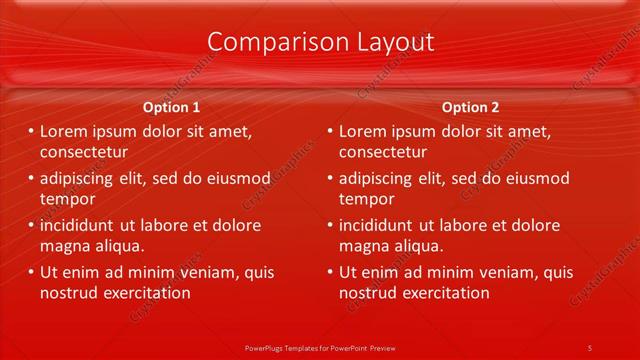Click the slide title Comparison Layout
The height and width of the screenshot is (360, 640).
click(320, 42)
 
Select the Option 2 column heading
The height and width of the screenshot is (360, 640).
click(470, 107)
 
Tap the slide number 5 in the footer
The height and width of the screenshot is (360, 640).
click(590, 347)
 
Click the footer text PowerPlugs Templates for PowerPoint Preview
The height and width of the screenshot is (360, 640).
click(320, 347)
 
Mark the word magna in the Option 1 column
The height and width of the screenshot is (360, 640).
click(63, 247)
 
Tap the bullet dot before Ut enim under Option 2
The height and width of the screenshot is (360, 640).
click(330, 272)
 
